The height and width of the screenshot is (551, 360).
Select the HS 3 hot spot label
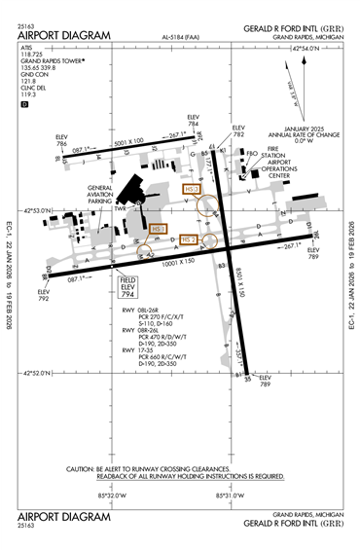click(x=191, y=189)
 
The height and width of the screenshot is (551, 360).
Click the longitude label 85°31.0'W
click(x=227, y=494)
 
